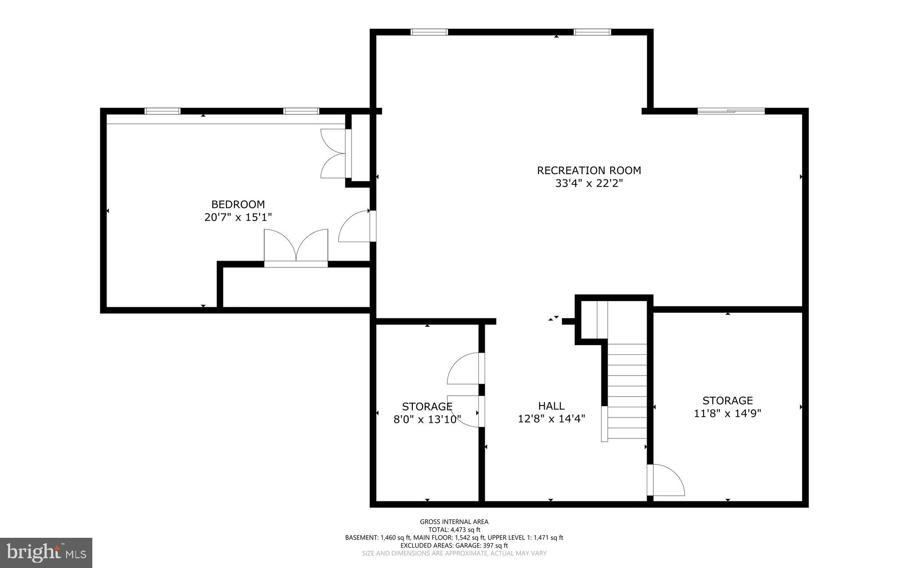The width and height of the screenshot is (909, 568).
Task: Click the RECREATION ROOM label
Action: click(589, 171)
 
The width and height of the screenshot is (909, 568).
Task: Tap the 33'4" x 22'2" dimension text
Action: click(589, 183)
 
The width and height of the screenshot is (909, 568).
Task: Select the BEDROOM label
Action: click(238, 204)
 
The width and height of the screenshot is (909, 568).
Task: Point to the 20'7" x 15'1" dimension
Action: click(238, 217)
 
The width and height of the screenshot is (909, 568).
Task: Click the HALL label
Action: click(551, 405)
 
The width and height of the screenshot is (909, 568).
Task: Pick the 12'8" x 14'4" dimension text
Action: click(551, 418)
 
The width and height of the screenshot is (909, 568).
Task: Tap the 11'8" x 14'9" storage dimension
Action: click(727, 413)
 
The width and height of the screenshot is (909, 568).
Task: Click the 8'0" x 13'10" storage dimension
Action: click(427, 419)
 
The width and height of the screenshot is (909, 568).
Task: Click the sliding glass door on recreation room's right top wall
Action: click(731, 111)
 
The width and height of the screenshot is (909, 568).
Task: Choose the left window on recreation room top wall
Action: click(429, 32)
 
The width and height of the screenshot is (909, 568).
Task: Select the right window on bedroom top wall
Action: click(301, 111)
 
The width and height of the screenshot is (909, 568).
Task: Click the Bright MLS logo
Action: click(46, 552)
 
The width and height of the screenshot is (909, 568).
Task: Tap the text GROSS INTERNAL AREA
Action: click(454, 522)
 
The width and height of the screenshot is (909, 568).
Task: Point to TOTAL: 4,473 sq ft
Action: click(454, 529)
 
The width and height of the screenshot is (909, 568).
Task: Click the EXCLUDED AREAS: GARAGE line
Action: click(454, 545)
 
